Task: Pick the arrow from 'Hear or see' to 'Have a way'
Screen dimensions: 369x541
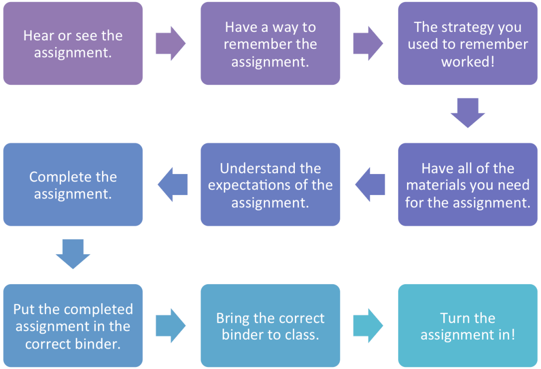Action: (170, 43)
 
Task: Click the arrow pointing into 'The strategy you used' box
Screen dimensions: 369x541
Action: (368, 43)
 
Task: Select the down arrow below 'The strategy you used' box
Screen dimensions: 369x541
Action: (467, 113)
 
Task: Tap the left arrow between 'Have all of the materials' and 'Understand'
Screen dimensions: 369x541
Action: (370, 184)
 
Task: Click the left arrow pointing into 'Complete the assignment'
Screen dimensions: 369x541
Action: (173, 184)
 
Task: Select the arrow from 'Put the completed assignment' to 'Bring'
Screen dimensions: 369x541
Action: (170, 326)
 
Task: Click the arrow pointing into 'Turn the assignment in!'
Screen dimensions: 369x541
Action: (368, 326)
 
